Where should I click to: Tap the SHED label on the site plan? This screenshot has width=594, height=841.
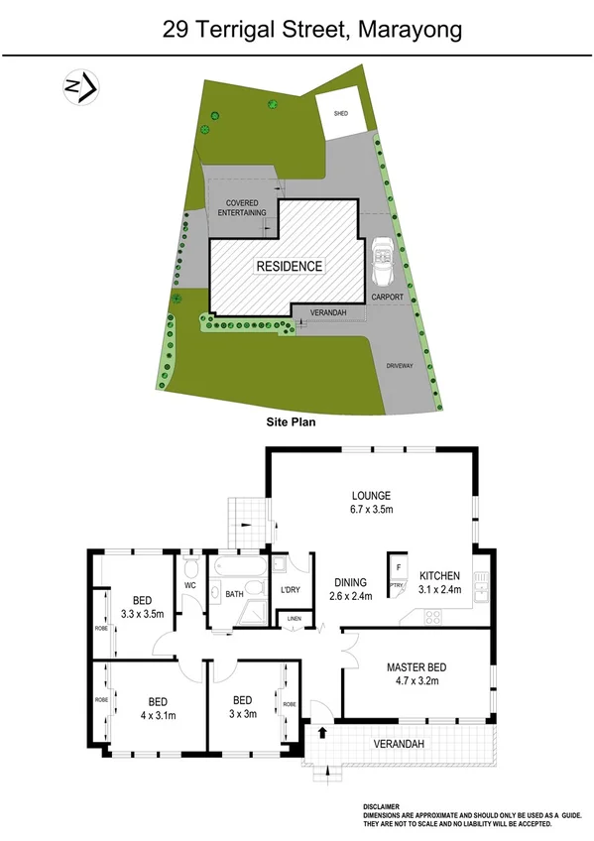click(341, 114)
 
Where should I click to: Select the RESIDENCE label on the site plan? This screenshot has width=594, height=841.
click(290, 266)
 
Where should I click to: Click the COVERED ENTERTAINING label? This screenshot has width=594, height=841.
click(243, 208)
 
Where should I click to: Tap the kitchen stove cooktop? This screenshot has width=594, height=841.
click(434, 616)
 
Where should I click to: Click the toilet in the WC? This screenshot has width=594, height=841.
click(190, 567)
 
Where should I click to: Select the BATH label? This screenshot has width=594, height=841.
click(234, 594)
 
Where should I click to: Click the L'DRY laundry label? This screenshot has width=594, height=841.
click(291, 591)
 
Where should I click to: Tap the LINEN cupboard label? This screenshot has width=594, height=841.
click(294, 620)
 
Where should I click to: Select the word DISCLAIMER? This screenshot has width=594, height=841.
click(382, 807)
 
